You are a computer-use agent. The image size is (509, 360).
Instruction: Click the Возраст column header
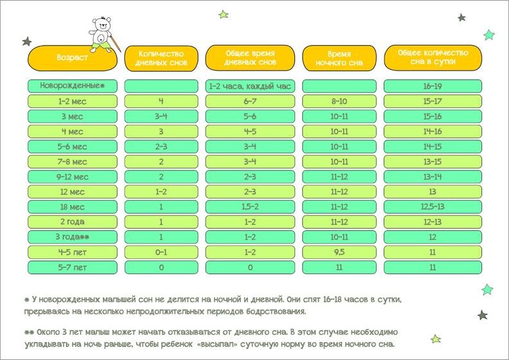point(72,58)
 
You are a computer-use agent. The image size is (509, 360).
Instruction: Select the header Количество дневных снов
point(161,58)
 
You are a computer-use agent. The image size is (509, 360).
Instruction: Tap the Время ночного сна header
point(339,58)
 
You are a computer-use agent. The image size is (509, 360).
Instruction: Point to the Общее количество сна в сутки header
point(433,58)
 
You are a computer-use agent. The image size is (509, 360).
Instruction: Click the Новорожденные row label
point(72,85)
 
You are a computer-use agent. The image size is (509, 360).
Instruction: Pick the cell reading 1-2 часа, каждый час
point(249,85)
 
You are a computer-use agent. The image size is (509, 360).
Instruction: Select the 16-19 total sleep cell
point(433,85)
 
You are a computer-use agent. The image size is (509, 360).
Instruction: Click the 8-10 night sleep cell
point(339,101)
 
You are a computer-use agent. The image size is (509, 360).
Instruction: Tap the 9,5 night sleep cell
point(339,252)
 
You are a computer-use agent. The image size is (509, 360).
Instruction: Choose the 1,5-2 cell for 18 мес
point(249,207)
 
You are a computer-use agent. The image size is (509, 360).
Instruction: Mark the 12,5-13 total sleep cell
point(433,207)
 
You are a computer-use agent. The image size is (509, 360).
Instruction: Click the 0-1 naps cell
point(161,252)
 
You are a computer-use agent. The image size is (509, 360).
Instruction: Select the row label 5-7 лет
point(72,267)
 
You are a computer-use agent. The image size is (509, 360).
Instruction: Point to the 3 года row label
point(72,237)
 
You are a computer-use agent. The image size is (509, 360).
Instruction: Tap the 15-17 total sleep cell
point(433,101)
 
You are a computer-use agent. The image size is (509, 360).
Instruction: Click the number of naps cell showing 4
point(161,101)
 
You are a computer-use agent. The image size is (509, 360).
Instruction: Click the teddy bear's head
point(101,28)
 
